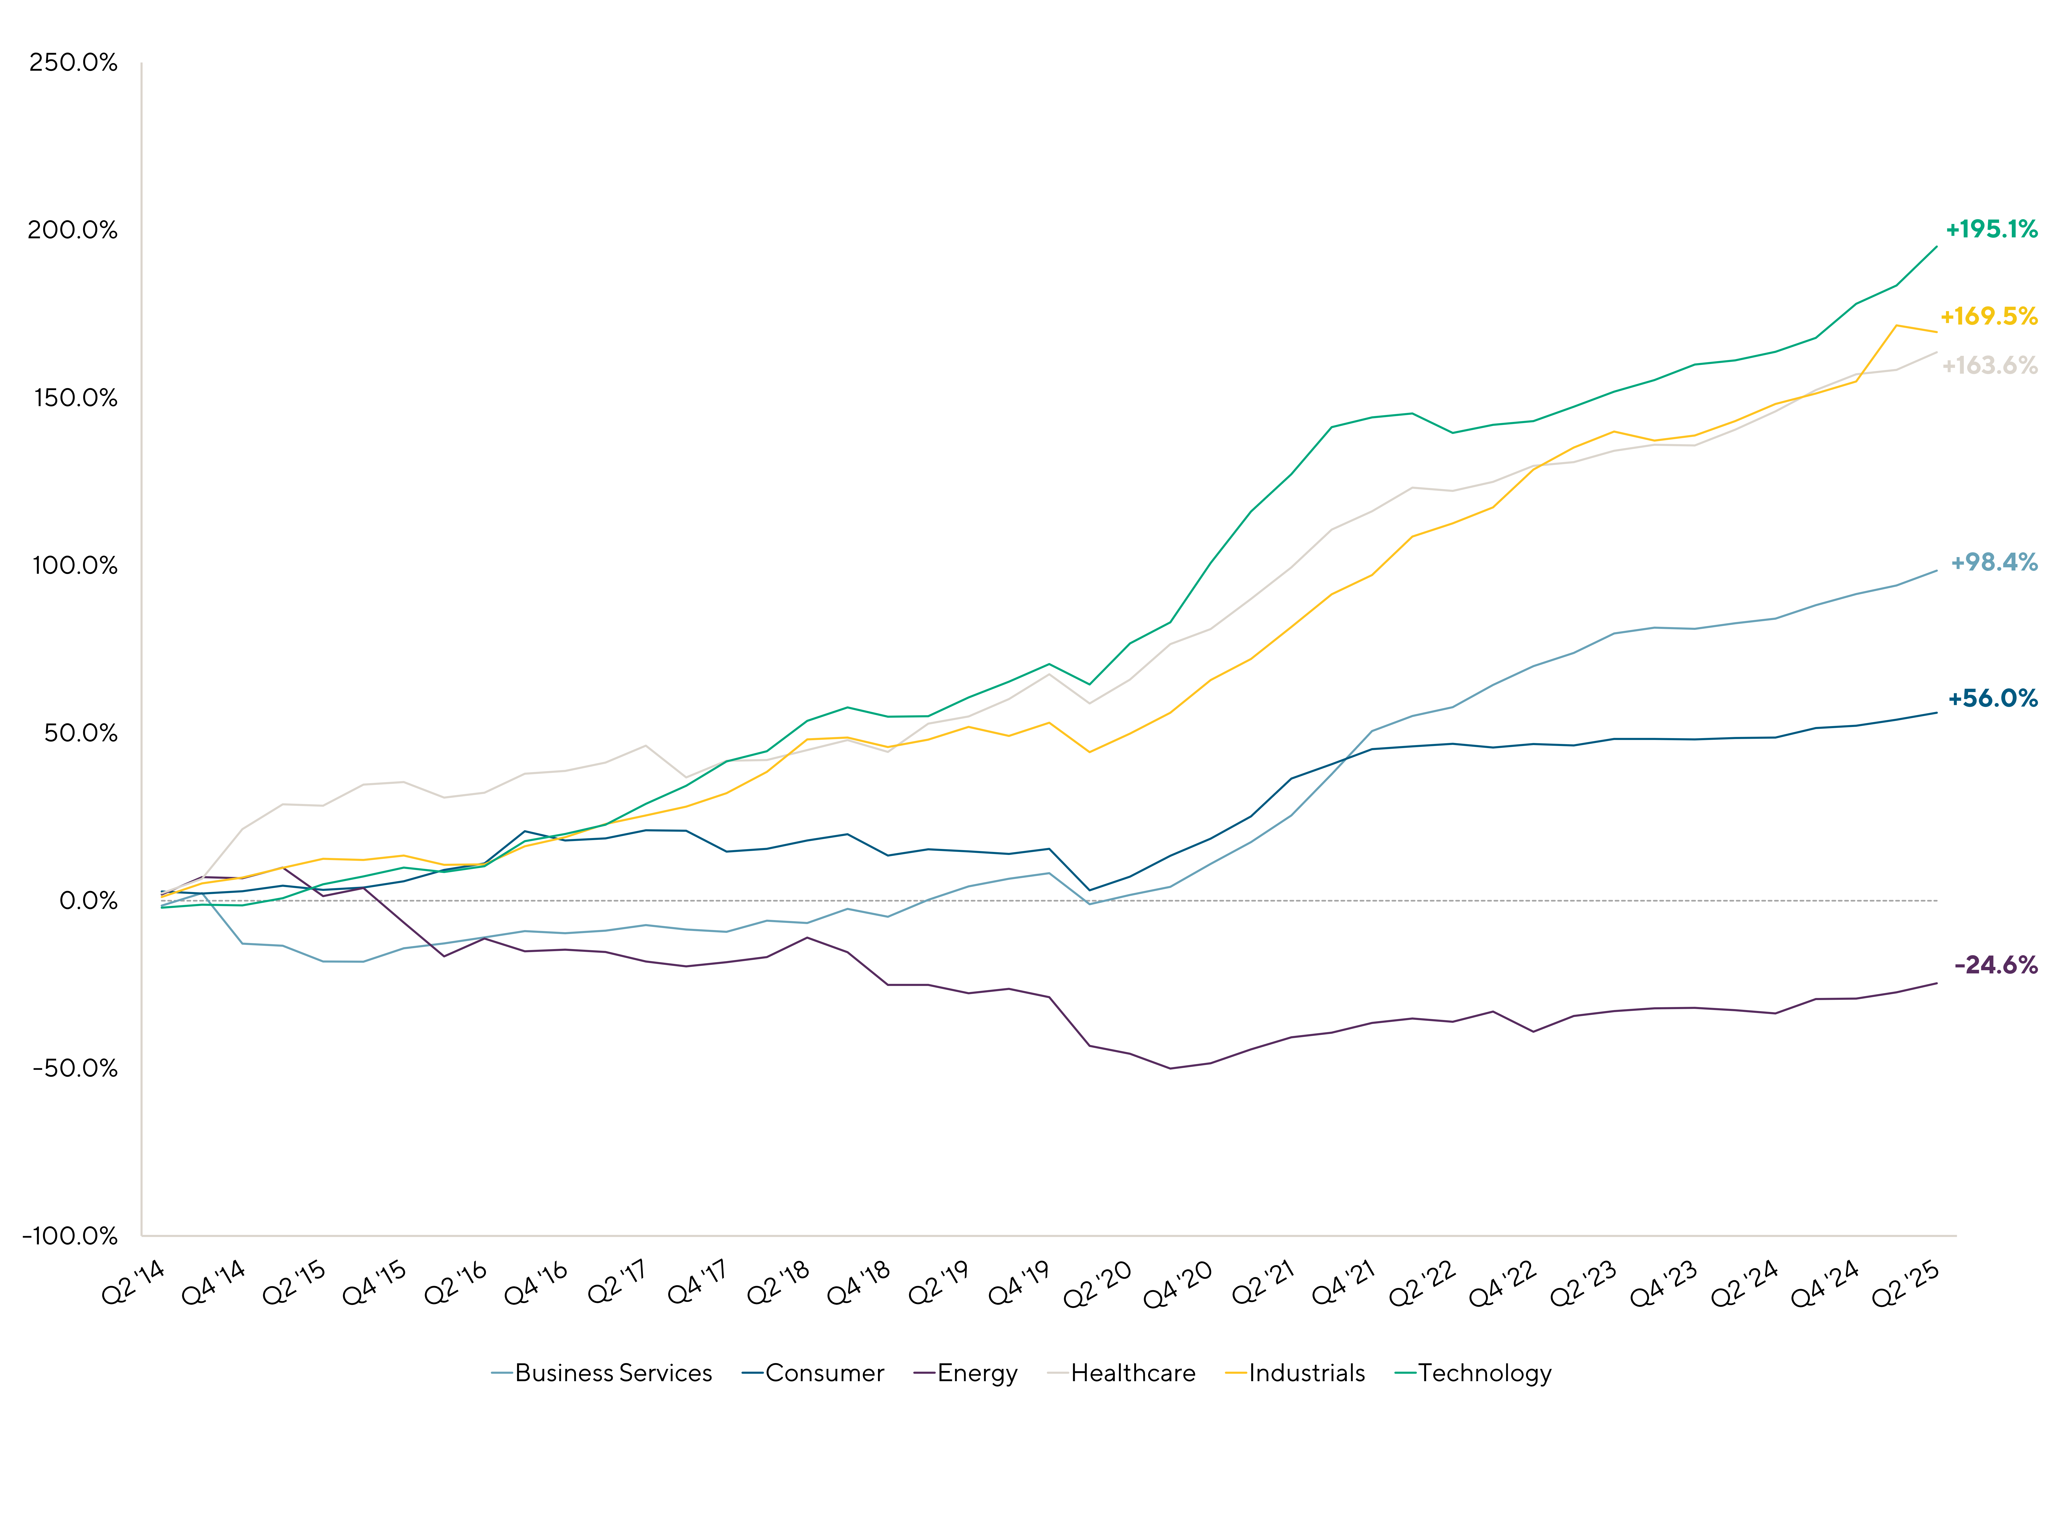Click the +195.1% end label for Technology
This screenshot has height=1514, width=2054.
pos(1991,229)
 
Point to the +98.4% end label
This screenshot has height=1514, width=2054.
pos(1993,563)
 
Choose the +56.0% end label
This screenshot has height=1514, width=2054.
pos(1993,698)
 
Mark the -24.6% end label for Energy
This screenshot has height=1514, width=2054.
pos(1995,965)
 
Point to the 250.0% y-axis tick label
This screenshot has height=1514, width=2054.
pos(73,63)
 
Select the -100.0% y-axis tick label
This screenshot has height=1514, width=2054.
pos(70,1236)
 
